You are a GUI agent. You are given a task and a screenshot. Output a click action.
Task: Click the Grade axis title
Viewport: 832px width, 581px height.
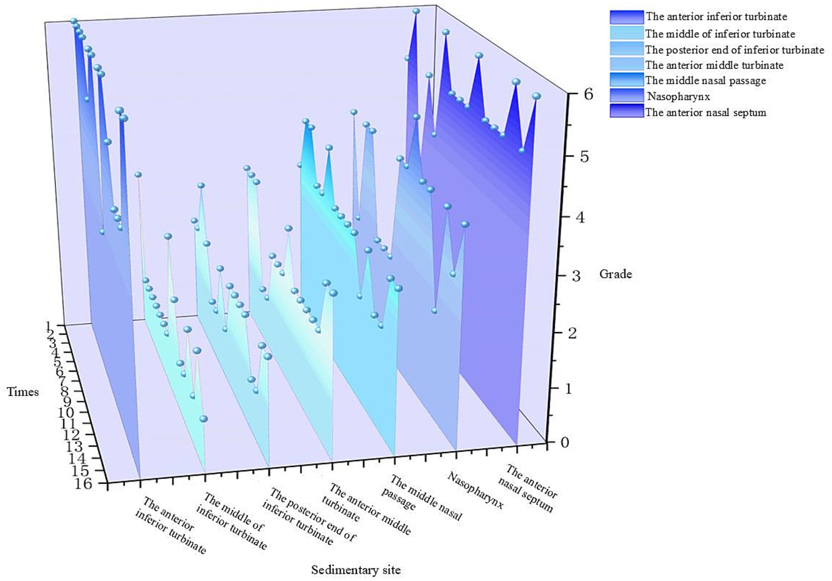tap(615, 274)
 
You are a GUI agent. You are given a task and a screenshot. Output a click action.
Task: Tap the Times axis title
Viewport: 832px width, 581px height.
tap(23, 392)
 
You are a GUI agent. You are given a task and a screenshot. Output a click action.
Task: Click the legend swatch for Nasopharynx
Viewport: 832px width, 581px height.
tap(626, 96)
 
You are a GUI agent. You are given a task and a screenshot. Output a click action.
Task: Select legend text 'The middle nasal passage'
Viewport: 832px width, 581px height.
tap(705, 80)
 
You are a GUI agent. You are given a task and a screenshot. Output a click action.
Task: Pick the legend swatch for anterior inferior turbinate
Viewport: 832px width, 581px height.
tap(626, 17)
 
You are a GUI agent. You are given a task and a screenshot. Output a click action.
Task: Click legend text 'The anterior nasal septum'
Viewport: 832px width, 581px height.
tap(705, 112)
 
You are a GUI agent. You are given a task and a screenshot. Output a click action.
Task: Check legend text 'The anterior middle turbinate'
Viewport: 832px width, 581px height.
tap(714, 65)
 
